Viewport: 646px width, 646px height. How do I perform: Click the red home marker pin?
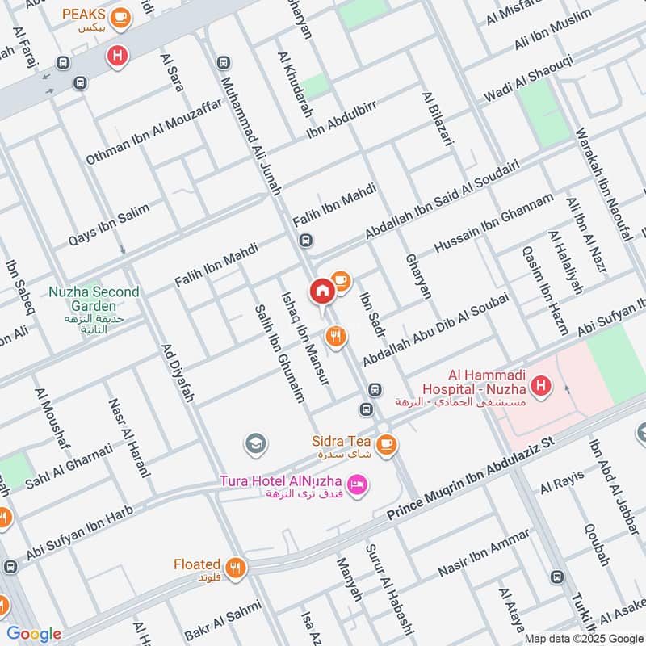pyautogui.click(x=321, y=290)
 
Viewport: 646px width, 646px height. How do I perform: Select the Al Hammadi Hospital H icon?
pyautogui.click(x=542, y=387)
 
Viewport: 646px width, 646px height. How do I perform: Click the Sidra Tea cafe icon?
pyautogui.click(x=387, y=443)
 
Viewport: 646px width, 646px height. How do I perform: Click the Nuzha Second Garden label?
pyautogui.click(x=93, y=299)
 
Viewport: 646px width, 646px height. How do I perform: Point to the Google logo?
pyautogui.click(x=34, y=634)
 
